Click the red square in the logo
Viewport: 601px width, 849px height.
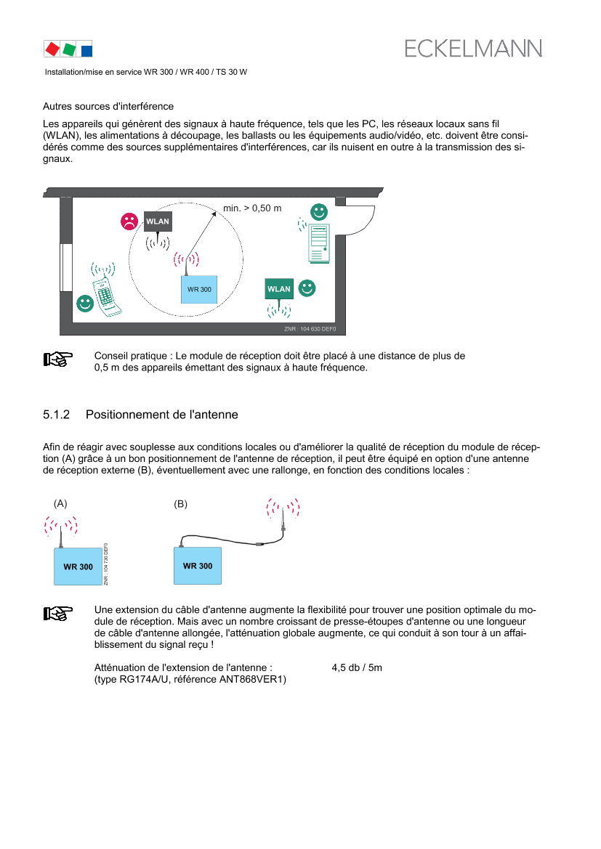[52, 49]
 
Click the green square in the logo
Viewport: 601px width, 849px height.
[69, 49]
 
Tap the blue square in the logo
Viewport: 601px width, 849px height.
[86, 50]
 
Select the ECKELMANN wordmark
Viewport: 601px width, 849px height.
[472, 49]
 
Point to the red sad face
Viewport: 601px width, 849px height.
[129, 221]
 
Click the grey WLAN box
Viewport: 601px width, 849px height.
[158, 221]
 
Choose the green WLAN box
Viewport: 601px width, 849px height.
[279, 288]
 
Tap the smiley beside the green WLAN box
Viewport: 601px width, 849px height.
[307, 288]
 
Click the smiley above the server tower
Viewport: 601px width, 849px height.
[319, 212]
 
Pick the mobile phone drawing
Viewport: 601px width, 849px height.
[105, 290]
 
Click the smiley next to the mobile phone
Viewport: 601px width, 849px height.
[85, 304]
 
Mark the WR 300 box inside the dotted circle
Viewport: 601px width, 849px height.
[199, 289]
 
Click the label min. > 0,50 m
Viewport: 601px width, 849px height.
[252, 208]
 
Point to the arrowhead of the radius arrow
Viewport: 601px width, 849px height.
[214, 212]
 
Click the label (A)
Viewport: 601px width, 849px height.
[60, 503]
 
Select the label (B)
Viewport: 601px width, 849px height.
[181, 503]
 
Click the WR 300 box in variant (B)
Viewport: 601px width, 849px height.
[198, 566]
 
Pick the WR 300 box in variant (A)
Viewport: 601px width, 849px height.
[78, 566]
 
